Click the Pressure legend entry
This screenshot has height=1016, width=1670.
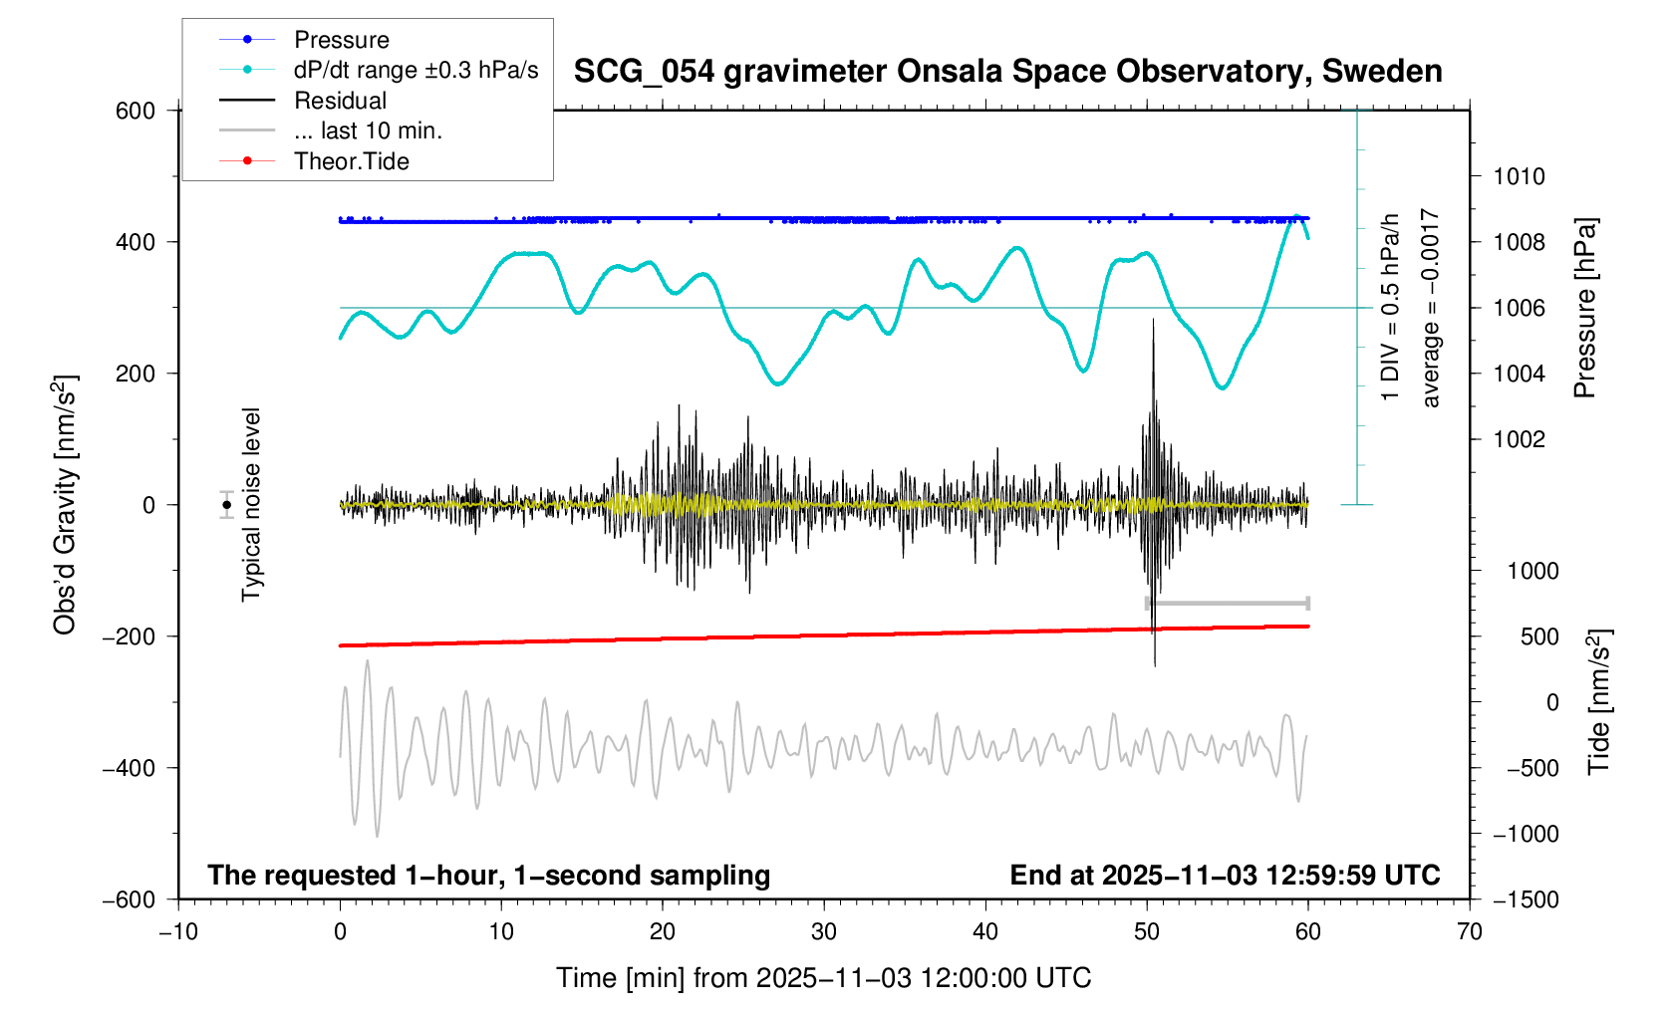coord(341,40)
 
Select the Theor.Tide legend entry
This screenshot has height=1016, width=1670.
coord(351,161)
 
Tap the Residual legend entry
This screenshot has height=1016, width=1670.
coord(340,101)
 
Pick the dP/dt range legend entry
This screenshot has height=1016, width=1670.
coord(416,70)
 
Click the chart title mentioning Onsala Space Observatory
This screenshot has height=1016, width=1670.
coord(1007,72)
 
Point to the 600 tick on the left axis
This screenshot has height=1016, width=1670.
coord(136,111)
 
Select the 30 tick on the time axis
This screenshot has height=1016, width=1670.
coord(824,931)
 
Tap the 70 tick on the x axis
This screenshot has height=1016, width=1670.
coord(1469,931)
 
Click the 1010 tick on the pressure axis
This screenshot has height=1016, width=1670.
coord(1519,177)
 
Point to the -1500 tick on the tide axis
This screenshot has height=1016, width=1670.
coord(1526,899)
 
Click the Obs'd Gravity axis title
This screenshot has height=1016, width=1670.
coord(66,505)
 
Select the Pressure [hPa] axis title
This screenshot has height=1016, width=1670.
coord(1584,308)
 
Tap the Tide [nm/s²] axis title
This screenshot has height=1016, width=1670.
coord(1598,702)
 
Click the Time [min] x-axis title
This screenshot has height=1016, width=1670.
coord(823,978)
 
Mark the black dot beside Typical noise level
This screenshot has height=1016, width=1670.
coord(227,505)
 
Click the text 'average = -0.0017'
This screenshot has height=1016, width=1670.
coord(1431,308)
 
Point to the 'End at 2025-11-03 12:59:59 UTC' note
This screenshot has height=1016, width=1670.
coord(1225,876)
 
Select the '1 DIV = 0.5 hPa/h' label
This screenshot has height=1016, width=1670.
coord(1390,308)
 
